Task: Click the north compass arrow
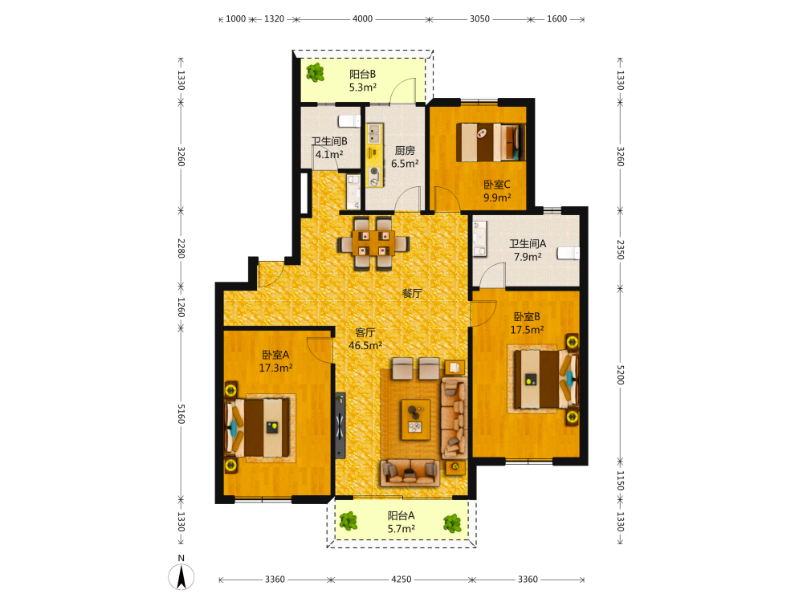181,576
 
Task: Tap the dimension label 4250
401,580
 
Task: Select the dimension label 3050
479,19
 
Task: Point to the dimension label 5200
620,375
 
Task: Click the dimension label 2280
181,248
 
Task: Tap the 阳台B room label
363,74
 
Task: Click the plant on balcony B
315,73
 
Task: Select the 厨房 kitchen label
405,151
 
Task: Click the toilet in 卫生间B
349,121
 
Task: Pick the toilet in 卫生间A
568,253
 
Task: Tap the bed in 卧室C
491,142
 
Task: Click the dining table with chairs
373,243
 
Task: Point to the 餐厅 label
412,293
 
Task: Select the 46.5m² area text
365,345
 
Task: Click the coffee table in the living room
415,419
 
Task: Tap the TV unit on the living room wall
340,425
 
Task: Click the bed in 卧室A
257,428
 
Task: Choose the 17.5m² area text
527,330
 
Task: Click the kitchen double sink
374,133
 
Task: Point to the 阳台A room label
401,515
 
